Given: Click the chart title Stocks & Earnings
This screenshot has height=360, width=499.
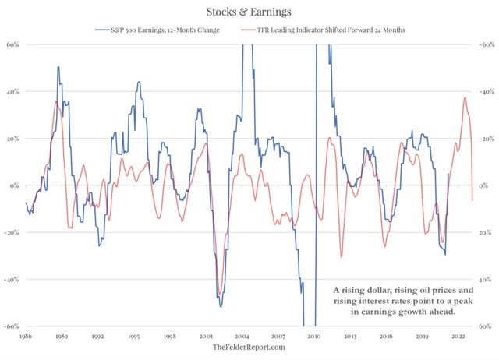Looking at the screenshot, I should [249, 12].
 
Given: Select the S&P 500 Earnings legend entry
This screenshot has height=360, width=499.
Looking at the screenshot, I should [161, 30].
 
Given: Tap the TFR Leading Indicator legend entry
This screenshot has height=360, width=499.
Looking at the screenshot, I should [327, 30].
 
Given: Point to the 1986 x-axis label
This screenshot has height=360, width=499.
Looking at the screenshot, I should [26, 336].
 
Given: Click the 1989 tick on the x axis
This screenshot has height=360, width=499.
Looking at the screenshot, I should [62, 336].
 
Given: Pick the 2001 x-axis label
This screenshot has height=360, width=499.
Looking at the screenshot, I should [206, 336].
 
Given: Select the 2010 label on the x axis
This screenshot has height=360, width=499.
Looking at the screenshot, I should [315, 336].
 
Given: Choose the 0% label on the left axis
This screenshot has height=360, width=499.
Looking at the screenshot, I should [14, 185].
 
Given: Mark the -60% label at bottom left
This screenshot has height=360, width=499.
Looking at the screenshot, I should [12, 326].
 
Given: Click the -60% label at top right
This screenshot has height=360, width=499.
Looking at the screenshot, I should [487, 44].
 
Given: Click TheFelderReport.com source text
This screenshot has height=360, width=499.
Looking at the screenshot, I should [249, 348].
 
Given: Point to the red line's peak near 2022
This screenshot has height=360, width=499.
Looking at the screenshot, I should [465, 97].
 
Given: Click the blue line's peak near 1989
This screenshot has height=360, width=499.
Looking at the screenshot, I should [58, 67].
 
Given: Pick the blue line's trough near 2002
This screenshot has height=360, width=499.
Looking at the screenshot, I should [221, 305].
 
